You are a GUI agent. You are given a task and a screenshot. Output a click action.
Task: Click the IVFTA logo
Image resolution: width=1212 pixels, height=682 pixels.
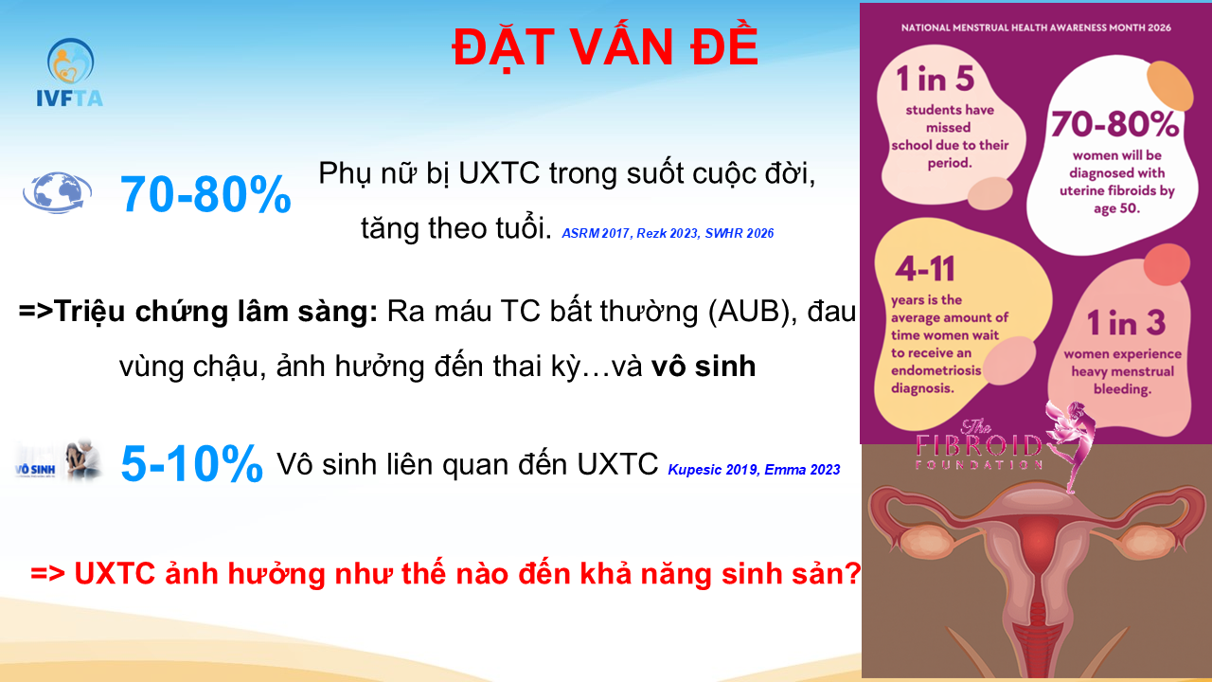pyautogui.click(x=70, y=73)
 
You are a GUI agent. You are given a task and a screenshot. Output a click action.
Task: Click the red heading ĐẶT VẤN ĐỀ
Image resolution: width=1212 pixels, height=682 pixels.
pyautogui.click(x=605, y=47)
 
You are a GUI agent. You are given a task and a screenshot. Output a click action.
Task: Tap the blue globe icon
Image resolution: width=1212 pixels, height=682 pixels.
pyautogui.click(x=57, y=192)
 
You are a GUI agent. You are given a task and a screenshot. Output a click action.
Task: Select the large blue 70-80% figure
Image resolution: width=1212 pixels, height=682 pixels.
pyautogui.click(x=205, y=194)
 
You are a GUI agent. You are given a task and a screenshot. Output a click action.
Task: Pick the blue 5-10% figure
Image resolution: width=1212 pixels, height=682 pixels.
pyautogui.click(x=192, y=463)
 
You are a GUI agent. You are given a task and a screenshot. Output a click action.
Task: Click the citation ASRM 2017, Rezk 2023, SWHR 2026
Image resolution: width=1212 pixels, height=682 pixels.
pyautogui.click(x=668, y=233)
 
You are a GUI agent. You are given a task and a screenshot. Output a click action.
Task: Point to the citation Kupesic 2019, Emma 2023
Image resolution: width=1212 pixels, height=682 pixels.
pyautogui.click(x=754, y=469)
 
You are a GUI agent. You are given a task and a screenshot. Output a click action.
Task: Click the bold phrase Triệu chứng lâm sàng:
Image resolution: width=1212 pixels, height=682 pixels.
pyautogui.click(x=215, y=313)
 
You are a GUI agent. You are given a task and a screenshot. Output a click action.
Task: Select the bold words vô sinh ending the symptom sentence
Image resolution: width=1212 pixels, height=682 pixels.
pyautogui.click(x=704, y=366)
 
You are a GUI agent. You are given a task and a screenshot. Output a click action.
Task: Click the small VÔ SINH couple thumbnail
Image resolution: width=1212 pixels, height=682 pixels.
pyautogui.click(x=59, y=461)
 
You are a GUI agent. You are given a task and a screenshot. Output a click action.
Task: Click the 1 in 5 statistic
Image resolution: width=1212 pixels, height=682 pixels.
pyautogui.click(x=935, y=79)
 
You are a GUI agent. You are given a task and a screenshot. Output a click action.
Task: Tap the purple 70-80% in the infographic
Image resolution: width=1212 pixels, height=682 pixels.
pyautogui.click(x=1114, y=124)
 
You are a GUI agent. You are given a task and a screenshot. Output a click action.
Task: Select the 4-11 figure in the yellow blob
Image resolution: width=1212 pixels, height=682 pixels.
pyautogui.click(x=925, y=268)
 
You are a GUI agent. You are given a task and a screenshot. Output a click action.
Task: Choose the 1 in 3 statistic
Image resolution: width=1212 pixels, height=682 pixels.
pyautogui.click(x=1127, y=323)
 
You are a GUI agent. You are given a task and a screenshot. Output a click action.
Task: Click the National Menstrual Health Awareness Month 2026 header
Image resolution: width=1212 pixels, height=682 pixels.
pyautogui.click(x=1036, y=27)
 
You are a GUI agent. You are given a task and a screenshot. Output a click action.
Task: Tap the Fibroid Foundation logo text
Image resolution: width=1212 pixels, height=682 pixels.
pyautogui.click(x=979, y=445)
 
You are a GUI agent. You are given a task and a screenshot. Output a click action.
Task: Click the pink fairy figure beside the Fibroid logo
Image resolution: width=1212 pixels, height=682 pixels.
pyautogui.click(x=1071, y=445)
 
